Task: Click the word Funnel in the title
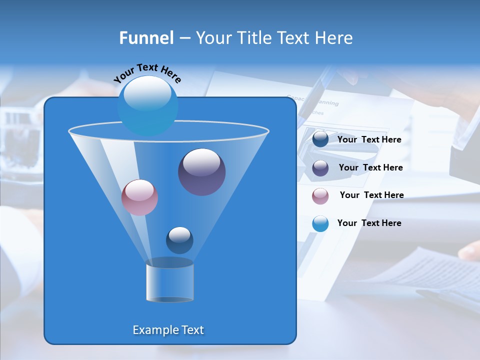tap(146, 38)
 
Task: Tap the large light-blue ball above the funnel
tap(147, 105)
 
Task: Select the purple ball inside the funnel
tap(201, 172)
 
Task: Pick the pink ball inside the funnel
tap(139, 197)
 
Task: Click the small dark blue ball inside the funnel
tap(179, 240)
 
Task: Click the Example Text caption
tap(168, 330)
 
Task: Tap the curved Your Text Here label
tap(147, 72)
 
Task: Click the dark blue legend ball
tap(320, 139)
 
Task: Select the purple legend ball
tap(320, 168)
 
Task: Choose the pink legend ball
tap(320, 195)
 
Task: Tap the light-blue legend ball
tap(320, 223)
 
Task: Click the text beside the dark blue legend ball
tap(369, 140)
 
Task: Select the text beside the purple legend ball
tap(370, 168)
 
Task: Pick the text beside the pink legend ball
tap(371, 195)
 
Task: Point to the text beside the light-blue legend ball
tap(369, 223)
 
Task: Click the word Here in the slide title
tap(334, 38)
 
